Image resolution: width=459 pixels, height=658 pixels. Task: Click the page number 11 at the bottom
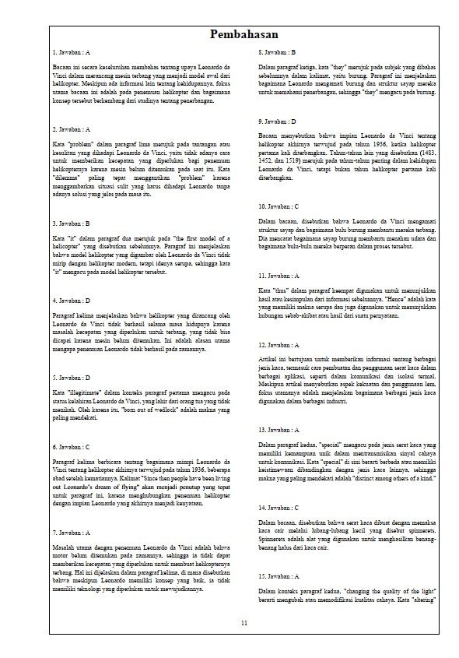click(244, 623)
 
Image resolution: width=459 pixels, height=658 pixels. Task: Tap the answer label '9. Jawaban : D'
click(277, 121)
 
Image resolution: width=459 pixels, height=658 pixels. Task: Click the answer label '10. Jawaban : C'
click(279, 206)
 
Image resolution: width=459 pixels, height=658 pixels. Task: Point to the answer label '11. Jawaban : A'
click(279, 276)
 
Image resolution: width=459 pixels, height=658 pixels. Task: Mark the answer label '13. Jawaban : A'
click(279, 429)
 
